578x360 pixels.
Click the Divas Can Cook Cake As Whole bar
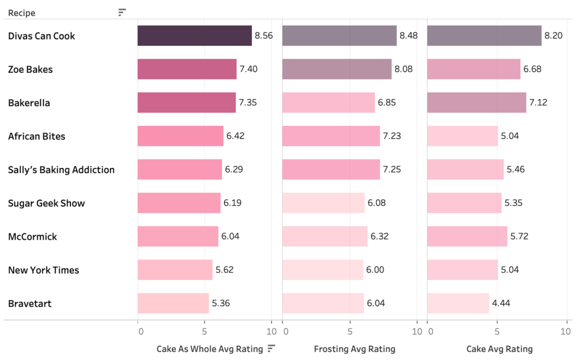(x=195, y=36)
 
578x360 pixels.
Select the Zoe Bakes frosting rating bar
(x=337, y=69)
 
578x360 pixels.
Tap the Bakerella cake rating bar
(x=476, y=102)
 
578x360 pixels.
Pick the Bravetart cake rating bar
(x=458, y=303)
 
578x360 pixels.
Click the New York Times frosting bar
(x=323, y=270)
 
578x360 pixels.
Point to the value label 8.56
(x=264, y=36)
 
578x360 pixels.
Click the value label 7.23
(x=392, y=136)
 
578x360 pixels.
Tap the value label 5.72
(x=519, y=236)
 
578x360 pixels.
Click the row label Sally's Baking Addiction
(x=61, y=170)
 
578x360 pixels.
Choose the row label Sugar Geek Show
(x=46, y=203)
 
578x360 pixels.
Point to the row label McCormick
(x=32, y=236)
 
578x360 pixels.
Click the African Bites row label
(x=36, y=136)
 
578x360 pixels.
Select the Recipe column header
(x=21, y=12)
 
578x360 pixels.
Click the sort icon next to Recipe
(x=122, y=12)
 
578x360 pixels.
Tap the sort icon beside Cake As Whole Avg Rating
(x=272, y=348)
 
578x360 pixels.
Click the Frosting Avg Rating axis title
(x=354, y=349)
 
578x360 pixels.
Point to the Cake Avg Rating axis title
(x=499, y=349)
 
